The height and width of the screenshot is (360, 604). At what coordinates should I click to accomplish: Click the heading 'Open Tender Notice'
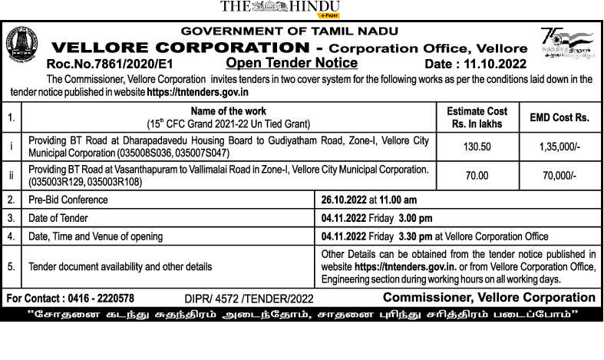pyautogui.click(x=292, y=62)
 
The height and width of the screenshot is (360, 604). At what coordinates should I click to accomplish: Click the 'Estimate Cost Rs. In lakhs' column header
pyautogui.click(x=477, y=117)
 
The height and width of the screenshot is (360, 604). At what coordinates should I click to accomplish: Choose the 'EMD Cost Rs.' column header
pyautogui.click(x=559, y=117)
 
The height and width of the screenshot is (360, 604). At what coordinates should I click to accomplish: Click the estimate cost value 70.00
pyautogui.click(x=477, y=175)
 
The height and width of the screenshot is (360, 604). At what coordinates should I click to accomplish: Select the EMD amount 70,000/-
pyautogui.click(x=559, y=175)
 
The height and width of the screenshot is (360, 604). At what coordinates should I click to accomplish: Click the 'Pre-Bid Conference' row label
pyautogui.click(x=68, y=200)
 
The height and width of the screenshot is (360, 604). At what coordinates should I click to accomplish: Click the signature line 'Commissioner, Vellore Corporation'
pyautogui.click(x=489, y=297)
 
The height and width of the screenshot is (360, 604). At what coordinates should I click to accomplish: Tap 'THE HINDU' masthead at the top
pyautogui.click(x=279, y=7)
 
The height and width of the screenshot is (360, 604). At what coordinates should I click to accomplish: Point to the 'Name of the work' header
pyautogui.click(x=229, y=111)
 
